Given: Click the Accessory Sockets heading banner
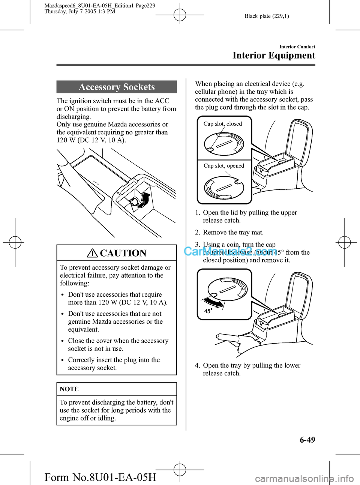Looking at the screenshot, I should [117, 87].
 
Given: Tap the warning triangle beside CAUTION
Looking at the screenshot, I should [92, 253].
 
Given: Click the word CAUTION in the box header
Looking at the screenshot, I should [123, 253].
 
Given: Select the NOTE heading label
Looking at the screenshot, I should [69, 389].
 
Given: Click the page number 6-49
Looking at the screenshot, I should [307, 440].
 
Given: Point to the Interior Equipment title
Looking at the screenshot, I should [274, 56].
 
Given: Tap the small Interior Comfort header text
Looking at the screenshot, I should [297, 47].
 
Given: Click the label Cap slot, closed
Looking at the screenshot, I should [223, 124].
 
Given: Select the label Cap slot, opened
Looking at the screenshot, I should [224, 166].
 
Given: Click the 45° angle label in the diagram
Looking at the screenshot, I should [208, 311].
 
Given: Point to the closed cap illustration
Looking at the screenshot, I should [224, 144].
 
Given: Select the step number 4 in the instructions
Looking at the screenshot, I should [197, 365].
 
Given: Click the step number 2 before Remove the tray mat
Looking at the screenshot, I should [197, 233].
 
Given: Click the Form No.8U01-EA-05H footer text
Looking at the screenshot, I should [100, 477].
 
